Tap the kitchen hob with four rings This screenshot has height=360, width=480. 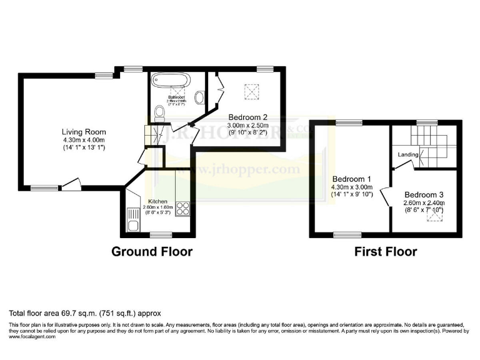coord(183,208)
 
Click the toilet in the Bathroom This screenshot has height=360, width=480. coord(159,112)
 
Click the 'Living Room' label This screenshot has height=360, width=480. coord(83,132)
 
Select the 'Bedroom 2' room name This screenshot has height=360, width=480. coord(247,117)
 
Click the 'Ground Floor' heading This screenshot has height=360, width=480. coord(152,252)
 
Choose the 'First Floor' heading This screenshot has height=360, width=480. coord(386,252)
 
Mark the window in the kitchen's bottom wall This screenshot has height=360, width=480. coord(161,234)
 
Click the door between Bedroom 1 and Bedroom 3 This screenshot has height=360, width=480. coord(387,199)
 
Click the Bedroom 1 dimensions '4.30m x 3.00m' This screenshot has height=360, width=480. coord(351,186)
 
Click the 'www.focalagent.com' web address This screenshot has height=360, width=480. coord(32,336)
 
